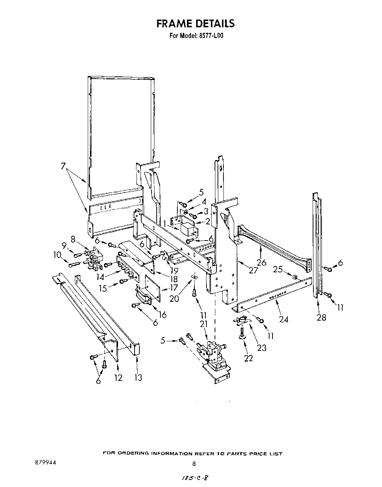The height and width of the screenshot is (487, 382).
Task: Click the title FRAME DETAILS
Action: (195, 24)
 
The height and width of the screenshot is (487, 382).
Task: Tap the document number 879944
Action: (45, 462)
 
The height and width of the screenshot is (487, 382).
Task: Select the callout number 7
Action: (63, 166)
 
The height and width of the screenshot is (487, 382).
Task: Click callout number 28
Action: (321, 317)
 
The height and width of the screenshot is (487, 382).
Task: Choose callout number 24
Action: (284, 319)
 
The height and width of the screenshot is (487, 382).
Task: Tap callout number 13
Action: (138, 378)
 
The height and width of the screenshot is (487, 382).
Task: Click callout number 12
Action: (118, 378)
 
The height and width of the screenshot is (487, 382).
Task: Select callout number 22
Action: (248, 358)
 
